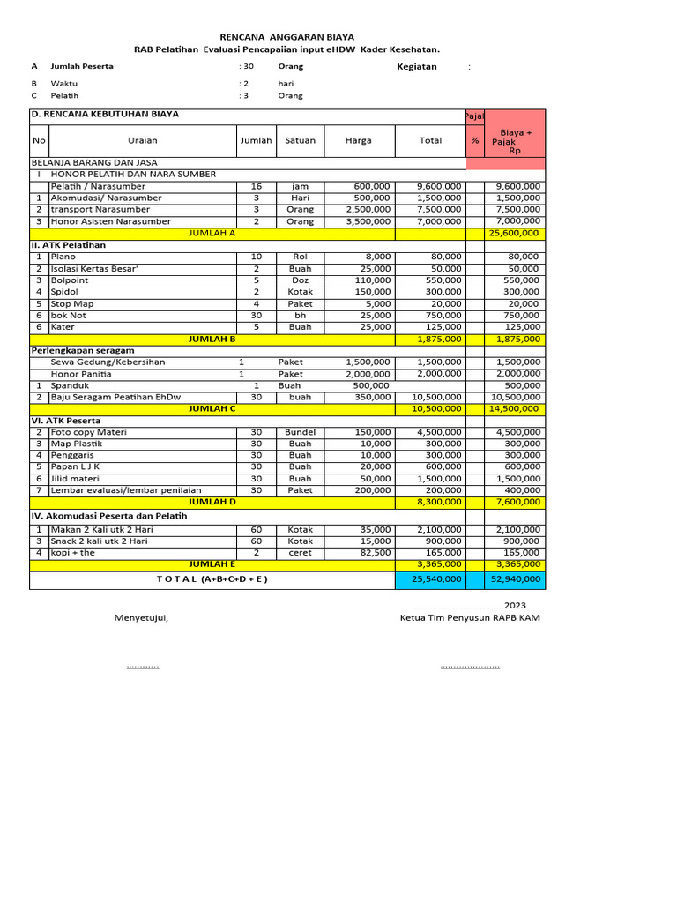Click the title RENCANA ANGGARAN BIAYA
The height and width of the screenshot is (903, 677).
[x=286, y=37]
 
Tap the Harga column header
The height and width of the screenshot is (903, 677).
[x=358, y=140]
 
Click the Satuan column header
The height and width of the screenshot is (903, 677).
[x=300, y=140]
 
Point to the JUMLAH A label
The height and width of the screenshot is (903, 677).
[x=212, y=233]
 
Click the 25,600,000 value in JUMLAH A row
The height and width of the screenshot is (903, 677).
[x=515, y=233]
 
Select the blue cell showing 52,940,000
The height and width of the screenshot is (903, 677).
[x=515, y=579]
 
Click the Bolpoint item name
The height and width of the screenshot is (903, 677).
[x=70, y=280]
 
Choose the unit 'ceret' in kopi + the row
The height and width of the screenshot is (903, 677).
[x=300, y=552]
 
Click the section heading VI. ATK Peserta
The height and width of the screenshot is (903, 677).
[x=66, y=421]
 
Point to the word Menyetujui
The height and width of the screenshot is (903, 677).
[x=141, y=617]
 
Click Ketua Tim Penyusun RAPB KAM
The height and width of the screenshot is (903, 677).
[x=470, y=617]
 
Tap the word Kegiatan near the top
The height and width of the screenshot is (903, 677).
[x=417, y=67]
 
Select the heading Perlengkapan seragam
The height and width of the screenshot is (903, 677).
[x=83, y=350]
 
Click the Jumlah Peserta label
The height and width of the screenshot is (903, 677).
[x=82, y=67]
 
